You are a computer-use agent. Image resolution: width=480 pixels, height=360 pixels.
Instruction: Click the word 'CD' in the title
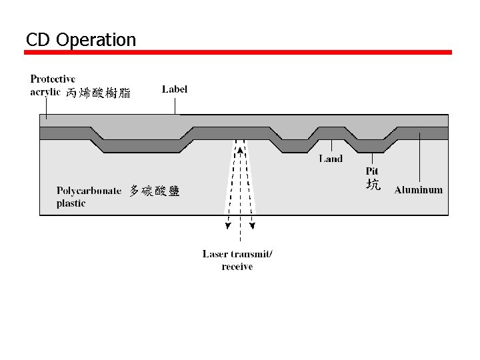(39, 40)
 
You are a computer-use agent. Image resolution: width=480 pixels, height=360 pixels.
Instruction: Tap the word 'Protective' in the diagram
(53, 79)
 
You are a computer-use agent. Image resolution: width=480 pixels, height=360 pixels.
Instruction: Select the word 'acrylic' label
(45, 92)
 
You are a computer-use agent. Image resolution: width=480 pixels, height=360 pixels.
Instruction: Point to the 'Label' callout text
(175, 89)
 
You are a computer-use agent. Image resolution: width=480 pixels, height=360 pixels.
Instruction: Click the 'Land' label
(331, 159)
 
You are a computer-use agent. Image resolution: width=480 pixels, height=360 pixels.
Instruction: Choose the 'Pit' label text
(372, 171)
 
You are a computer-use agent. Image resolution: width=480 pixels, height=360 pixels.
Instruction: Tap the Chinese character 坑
(373, 185)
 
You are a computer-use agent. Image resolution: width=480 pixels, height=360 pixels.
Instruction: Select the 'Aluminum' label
(418, 190)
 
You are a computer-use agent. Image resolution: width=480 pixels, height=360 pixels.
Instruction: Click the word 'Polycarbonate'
(89, 191)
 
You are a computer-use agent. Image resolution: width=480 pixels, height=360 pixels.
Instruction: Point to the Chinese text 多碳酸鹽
(154, 191)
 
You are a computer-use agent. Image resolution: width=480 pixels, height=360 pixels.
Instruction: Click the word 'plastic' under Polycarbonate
(71, 203)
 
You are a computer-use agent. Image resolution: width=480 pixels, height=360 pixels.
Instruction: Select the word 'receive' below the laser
(237, 267)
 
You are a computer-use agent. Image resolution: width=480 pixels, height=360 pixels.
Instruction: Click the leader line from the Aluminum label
(419, 160)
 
